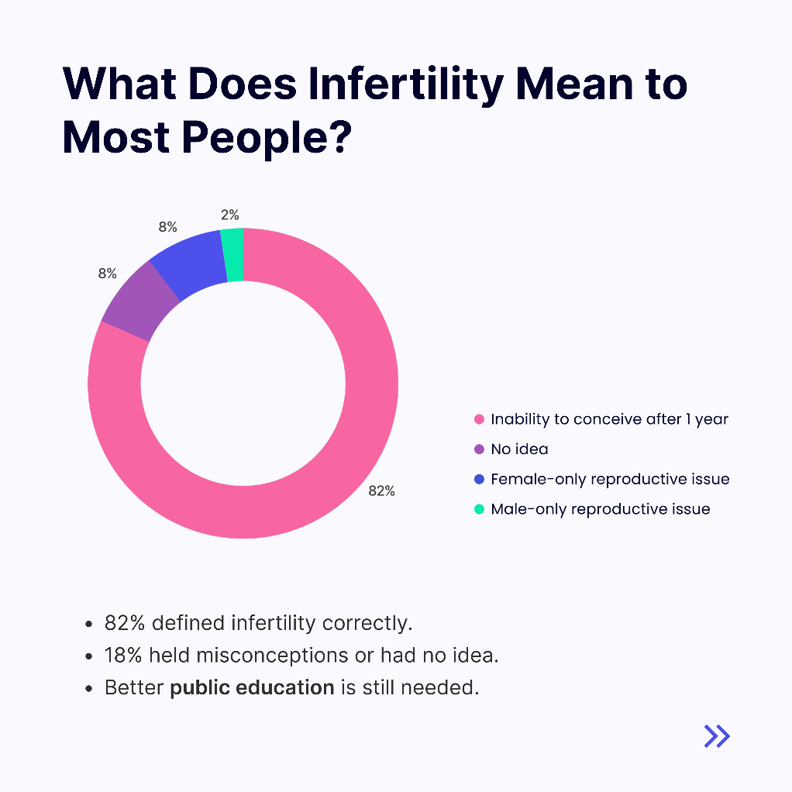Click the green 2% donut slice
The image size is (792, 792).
pyautogui.click(x=232, y=255)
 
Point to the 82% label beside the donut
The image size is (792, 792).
pyautogui.click(x=382, y=491)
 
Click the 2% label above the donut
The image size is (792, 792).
pyautogui.click(x=230, y=215)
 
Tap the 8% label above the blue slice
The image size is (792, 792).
pyautogui.click(x=167, y=227)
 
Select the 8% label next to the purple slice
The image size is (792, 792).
pyautogui.click(x=107, y=274)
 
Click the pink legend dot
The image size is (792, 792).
pyautogui.click(x=479, y=419)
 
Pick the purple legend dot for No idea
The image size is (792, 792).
pyautogui.click(x=479, y=449)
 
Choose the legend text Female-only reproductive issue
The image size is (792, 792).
pyautogui.click(x=610, y=479)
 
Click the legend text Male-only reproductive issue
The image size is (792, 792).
pyautogui.click(x=601, y=509)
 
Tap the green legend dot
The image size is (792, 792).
pyautogui.click(x=479, y=509)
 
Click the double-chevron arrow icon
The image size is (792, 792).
pyautogui.click(x=717, y=735)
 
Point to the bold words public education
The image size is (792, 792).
pyautogui.click(x=252, y=687)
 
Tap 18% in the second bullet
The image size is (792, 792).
pyautogui.click(x=124, y=655)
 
